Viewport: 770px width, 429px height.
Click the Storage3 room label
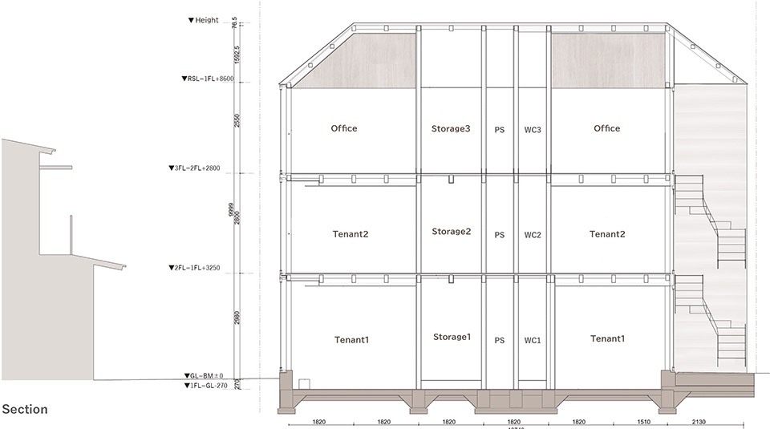point(451,128)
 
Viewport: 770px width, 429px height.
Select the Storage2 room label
point(451,232)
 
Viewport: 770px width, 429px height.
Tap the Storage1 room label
point(451,337)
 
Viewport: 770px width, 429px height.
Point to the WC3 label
point(533,129)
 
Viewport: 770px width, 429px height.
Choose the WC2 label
point(533,235)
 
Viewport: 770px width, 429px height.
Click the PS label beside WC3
point(499,129)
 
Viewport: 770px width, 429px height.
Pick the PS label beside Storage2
point(499,235)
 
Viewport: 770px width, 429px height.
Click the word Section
point(25,410)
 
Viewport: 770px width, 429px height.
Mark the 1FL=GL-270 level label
point(206,386)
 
